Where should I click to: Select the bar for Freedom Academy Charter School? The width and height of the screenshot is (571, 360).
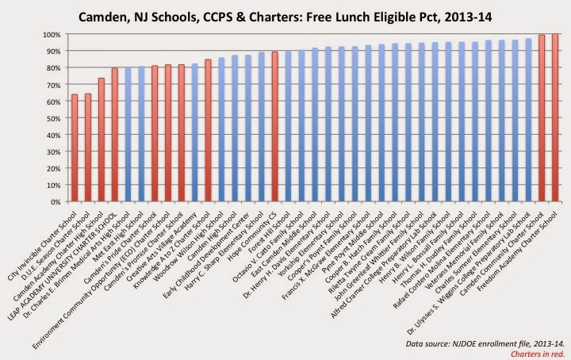[x=554, y=118]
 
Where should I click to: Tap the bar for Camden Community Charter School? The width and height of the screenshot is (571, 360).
[x=542, y=119]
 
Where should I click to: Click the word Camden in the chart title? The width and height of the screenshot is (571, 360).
[x=124, y=15]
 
